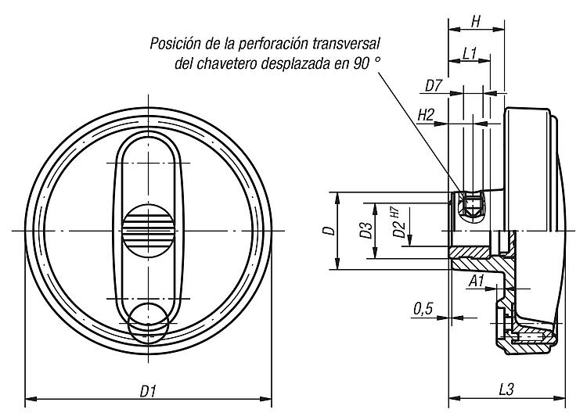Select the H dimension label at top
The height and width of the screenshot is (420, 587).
pyautogui.click(x=476, y=22)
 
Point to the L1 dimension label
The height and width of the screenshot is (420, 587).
pyautogui.click(x=470, y=53)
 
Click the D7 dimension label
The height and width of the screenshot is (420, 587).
pyautogui.click(x=434, y=84)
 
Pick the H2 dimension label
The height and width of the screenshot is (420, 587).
pyautogui.click(x=426, y=114)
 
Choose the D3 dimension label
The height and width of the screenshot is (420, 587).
pyautogui.click(x=365, y=231)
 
